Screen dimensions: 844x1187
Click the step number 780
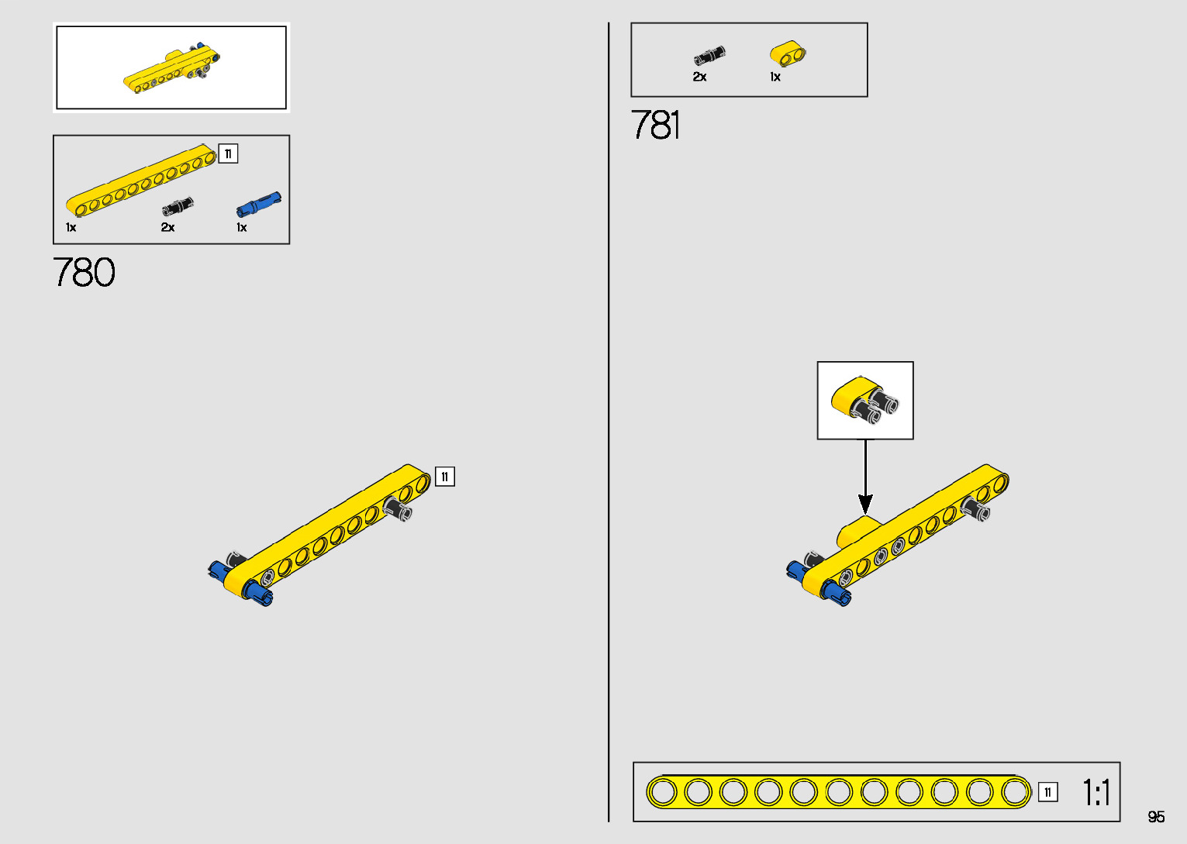click(84, 273)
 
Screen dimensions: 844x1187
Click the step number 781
click(655, 126)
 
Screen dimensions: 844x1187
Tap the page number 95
click(1156, 817)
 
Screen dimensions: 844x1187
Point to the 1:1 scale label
click(1096, 793)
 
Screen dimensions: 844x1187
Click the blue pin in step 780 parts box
click(258, 205)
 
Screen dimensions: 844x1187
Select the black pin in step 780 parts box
click(178, 207)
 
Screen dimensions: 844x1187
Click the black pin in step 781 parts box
click(709, 56)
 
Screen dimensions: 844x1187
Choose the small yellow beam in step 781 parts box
click(788, 54)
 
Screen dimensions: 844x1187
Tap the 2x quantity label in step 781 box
click(699, 77)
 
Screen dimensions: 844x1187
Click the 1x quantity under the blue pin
click(242, 228)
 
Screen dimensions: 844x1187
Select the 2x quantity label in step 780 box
click(167, 228)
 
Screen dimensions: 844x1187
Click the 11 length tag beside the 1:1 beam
click(1047, 792)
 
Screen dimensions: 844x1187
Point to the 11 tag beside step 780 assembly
click(445, 477)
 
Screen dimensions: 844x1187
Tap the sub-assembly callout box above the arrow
click(865, 401)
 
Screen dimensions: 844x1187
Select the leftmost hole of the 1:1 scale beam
click(663, 792)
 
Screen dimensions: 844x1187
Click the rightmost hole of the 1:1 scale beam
click(1015, 792)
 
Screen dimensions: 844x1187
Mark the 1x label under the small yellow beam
click(775, 77)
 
